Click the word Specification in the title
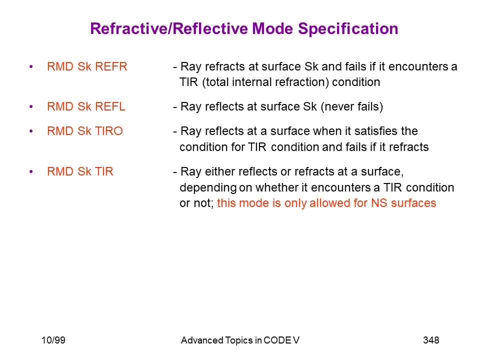click(348, 29)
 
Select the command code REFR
click(111, 66)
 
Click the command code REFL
click(110, 106)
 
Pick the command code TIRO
click(109, 131)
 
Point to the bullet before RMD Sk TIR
click(31, 171)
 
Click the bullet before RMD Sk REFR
click(31, 66)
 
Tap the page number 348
click(431, 340)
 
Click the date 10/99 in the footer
click(53, 340)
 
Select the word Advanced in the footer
click(202, 340)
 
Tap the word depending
click(208, 188)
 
